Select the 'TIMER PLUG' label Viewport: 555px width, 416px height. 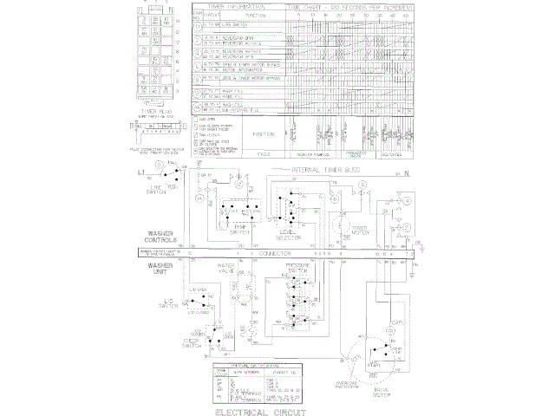[x=160, y=110]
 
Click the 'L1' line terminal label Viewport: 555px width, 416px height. [x=140, y=174]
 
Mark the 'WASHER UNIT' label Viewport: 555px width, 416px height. [x=162, y=268]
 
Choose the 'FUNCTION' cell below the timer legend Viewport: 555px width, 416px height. [x=264, y=135]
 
